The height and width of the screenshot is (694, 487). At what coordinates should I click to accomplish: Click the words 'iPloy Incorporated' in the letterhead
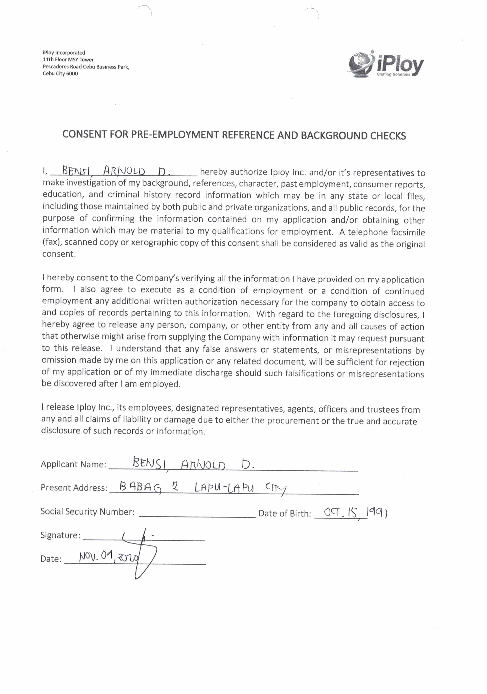(x=64, y=52)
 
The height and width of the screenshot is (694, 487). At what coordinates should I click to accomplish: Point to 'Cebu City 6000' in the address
(x=60, y=74)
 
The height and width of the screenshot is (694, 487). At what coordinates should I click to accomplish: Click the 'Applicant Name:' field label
(x=74, y=464)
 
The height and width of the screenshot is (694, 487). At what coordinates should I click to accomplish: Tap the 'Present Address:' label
(x=74, y=488)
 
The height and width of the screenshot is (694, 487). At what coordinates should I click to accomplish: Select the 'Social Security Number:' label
(x=87, y=511)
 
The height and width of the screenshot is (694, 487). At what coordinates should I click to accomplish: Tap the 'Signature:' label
(x=60, y=535)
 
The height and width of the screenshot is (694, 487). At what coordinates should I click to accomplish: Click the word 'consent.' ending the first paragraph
(x=59, y=254)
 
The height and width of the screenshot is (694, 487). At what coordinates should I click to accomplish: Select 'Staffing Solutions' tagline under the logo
(x=393, y=74)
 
